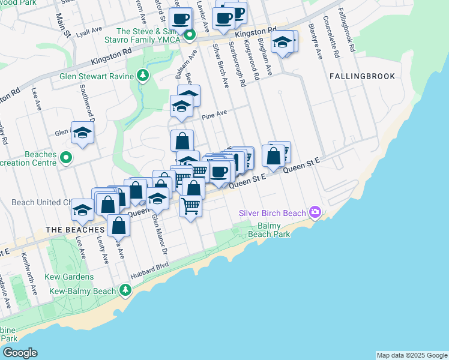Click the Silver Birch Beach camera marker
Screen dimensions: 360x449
[x=315, y=212]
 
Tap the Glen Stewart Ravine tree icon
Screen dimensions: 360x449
[x=143, y=76]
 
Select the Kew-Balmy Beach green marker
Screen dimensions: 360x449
[x=125, y=291]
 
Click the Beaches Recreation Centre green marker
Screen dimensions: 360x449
[x=67, y=159]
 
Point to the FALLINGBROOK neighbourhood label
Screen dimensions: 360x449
[x=362, y=76]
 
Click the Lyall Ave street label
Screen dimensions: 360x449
[x=89, y=31]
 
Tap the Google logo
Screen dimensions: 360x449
[x=20, y=353]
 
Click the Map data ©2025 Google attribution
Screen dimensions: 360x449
[x=412, y=355]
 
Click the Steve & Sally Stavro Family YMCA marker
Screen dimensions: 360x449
[x=190, y=35]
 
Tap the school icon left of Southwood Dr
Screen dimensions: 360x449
[x=82, y=134]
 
